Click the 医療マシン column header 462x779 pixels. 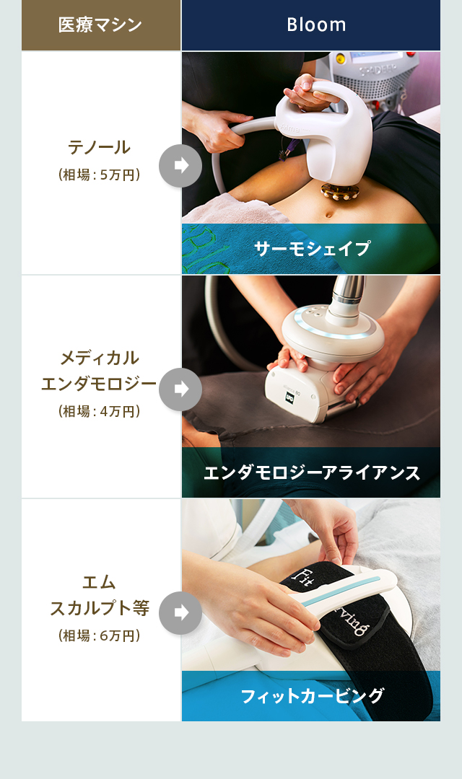(x=100, y=25)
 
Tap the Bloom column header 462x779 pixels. (x=316, y=25)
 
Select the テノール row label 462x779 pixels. (x=100, y=147)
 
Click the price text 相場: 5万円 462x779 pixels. (x=100, y=175)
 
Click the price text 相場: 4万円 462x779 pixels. (x=100, y=411)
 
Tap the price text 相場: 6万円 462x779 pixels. (x=100, y=635)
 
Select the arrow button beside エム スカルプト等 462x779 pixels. (x=180, y=612)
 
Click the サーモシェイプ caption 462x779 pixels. (x=311, y=249)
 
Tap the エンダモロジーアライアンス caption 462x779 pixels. (x=311, y=472)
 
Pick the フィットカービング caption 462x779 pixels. (x=311, y=696)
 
